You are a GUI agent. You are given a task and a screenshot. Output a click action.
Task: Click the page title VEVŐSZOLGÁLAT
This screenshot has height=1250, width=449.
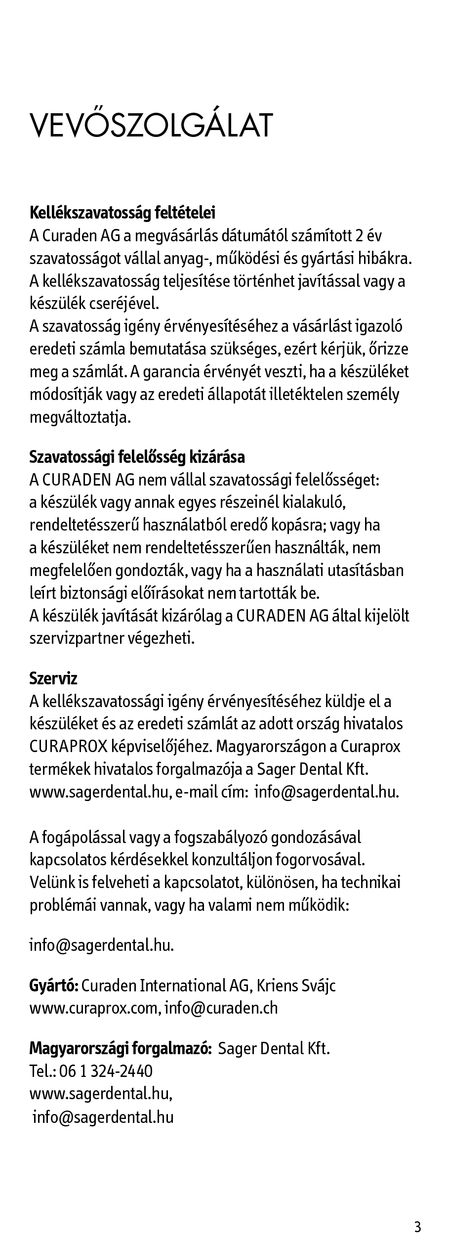click(x=151, y=126)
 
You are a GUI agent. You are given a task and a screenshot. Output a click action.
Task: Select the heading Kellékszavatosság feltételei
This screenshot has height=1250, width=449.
click(x=122, y=213)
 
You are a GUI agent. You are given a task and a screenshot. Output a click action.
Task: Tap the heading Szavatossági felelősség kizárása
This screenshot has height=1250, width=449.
click(x=137, y=457)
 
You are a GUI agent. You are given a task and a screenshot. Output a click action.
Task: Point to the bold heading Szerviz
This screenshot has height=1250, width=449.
click(x=53, y=678)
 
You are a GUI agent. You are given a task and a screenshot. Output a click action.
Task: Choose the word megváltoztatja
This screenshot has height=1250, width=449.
click(x=81, y=417)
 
